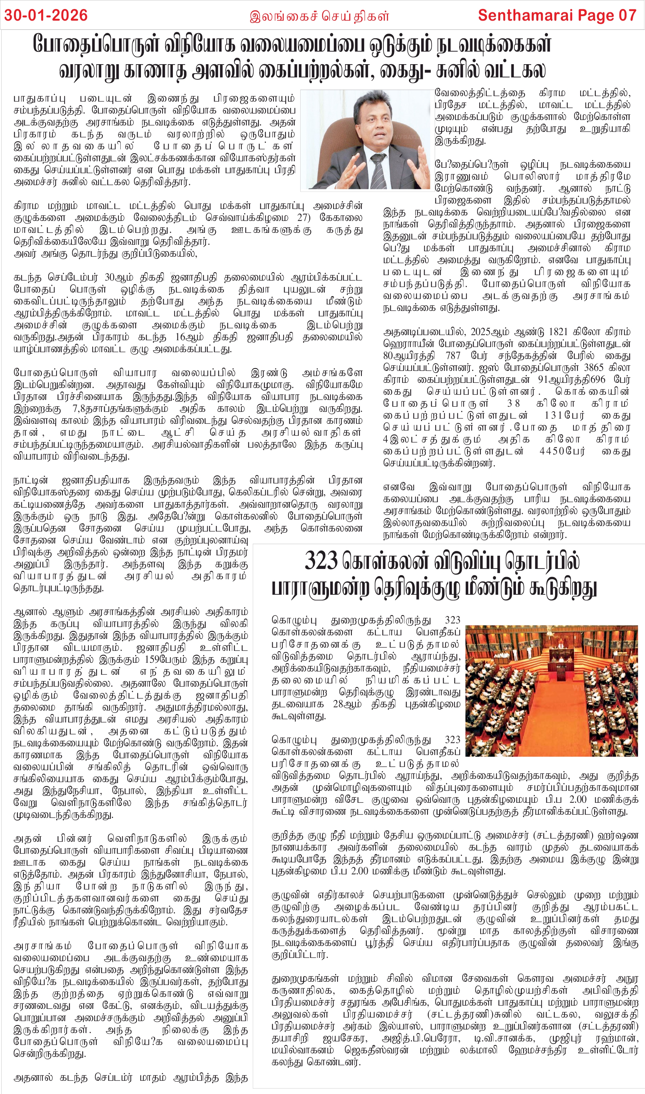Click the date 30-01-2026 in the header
46,16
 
